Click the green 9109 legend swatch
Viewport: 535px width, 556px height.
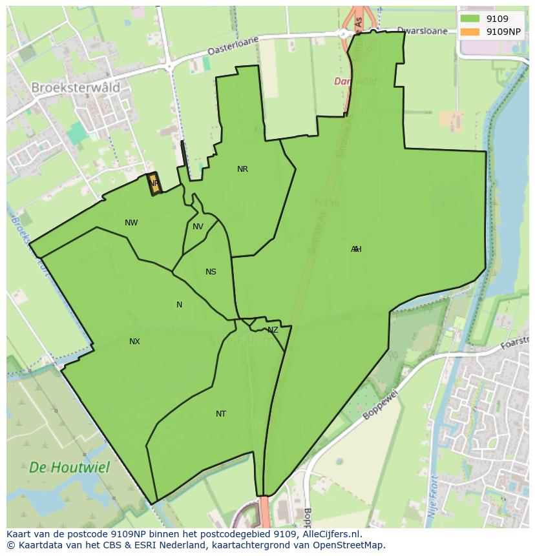coord(470,19)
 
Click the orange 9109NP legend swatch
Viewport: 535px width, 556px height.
coord(470,32)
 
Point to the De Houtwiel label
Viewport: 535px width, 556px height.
coord(69,467)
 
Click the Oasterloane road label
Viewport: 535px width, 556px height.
coord(233,46)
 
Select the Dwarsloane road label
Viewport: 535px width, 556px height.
coord(423,30)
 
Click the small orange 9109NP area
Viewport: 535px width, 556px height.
coord(154,183)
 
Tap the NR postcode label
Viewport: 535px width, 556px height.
coord(242,169)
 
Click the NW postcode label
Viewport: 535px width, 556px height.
coord(131,223)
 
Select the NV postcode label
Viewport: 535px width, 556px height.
coord(198,227)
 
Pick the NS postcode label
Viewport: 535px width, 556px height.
coord(211,272)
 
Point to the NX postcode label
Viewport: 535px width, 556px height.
coord(134,342)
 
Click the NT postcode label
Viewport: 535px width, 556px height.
coord(221,414)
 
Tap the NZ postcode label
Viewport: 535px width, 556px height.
coord(273,330)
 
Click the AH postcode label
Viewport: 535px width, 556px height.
coord(356,249)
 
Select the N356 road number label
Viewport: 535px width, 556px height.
coord(327,203)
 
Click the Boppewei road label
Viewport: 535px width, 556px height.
coord(380,404)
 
